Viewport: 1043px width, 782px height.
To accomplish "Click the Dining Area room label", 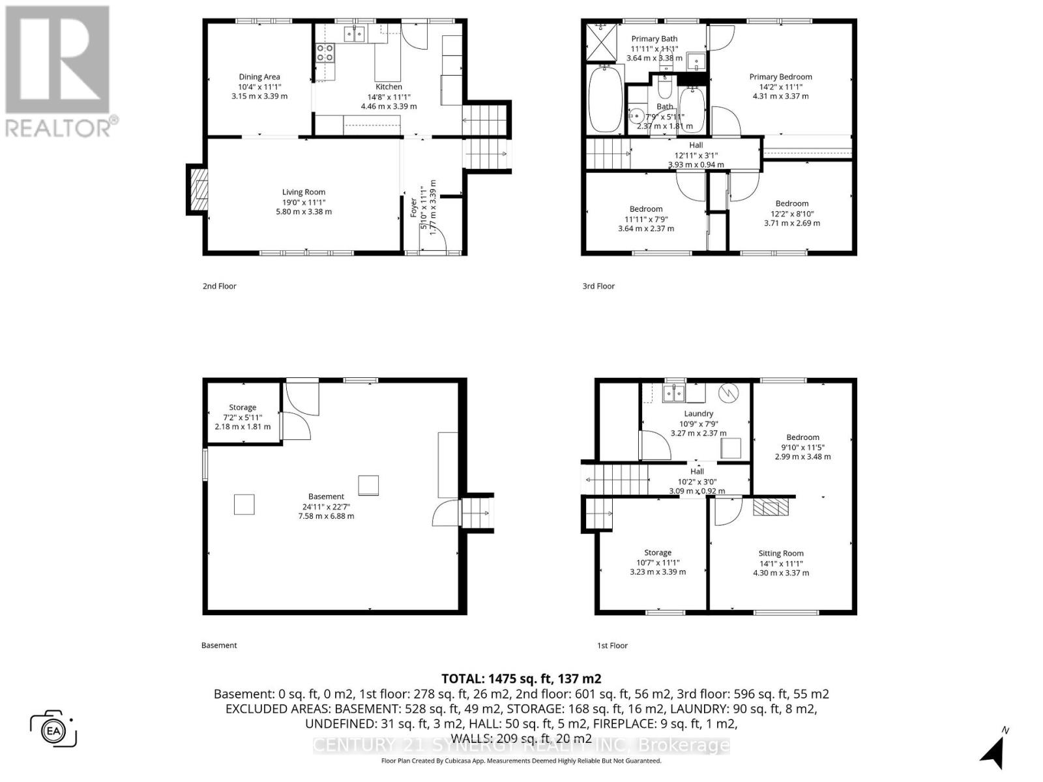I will (259, 77).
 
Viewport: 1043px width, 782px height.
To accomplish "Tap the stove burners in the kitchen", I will (325, 52).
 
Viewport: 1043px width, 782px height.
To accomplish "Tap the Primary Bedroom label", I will (780, 77).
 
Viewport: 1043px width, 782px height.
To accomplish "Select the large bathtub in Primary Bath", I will (605, 98).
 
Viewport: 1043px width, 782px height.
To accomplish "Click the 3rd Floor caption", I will (598, 286).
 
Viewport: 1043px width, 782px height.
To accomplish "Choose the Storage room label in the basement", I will (242, 407).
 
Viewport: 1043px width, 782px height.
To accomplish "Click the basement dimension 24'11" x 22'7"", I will (326, 506).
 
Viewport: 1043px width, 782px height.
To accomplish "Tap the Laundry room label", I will (698, 414).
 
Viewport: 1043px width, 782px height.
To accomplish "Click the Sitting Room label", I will (780, 553).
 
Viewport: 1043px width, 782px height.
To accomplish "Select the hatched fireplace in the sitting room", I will (771, 507).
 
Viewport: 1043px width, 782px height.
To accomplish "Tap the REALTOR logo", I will (59, 72).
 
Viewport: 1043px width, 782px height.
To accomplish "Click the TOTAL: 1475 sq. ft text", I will (521, 678).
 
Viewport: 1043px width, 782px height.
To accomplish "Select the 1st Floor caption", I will (612, 646).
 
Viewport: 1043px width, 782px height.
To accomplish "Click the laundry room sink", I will (673, 393).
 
